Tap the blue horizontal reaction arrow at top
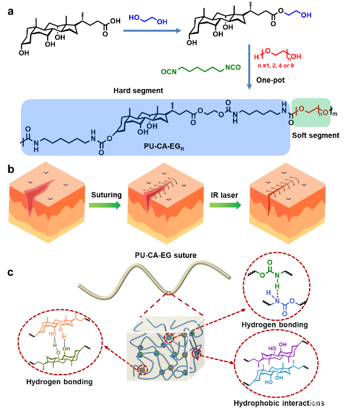tap(152, 31)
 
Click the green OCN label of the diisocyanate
tap(169, 71)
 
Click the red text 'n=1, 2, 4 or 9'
tap(276, 66)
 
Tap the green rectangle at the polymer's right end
tap(310, 112)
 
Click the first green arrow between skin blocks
tap(105, 205)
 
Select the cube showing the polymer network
tap(165, 348)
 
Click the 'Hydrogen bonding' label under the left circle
tap(60, 381)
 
